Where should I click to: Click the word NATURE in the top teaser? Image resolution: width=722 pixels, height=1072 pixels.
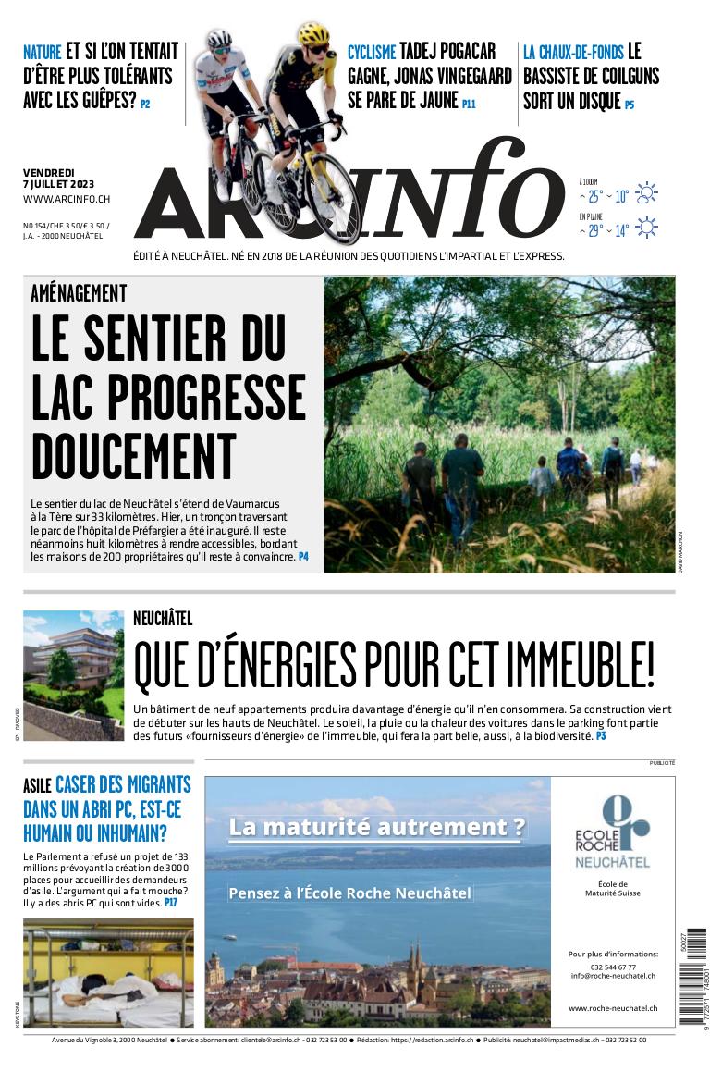pyautogui.click(x=43, y=52)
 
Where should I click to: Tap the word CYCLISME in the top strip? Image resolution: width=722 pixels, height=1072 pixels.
pyautogui.click(x=372, y=52)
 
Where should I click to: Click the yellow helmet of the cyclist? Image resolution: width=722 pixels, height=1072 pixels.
pyautogui.click(x=313, y=36)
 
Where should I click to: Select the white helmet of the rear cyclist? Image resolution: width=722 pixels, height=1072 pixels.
pyautogui.click(x=219, y=39)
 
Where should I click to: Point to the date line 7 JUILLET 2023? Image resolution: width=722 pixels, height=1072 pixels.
pyautogui.click(x=58, y=183)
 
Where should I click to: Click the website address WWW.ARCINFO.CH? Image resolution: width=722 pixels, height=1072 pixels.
pyautogui.click(x=67, y=199)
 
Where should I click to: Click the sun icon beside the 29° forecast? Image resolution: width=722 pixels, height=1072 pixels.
pyautogui.click(x=646, y=228)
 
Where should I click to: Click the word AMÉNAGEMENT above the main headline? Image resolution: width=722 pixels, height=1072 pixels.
pyautogui.click(x=79, y=293)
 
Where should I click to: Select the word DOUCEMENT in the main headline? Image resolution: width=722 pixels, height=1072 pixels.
pyautogui.click(x=133, y=457)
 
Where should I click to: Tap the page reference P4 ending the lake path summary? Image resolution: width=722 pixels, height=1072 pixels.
pyautogui.click(x=303, y=558)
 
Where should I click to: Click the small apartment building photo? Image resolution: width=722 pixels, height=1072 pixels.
pyautogui.click(x=73, y=675)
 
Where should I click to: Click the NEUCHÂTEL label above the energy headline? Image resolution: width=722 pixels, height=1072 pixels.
pyautogui.click(x=163, y=619)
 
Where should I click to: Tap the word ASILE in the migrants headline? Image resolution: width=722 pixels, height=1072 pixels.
pyautogui.click(x=37, y=787)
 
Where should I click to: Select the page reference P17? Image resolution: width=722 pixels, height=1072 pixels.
pyautogui.click(x=171, y=902)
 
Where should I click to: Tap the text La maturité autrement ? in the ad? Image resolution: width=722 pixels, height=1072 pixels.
pyautogui.click(x=376, y=827)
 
